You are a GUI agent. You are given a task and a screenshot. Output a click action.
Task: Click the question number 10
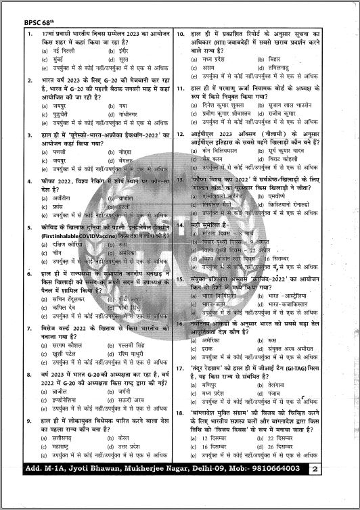point(181,33)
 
